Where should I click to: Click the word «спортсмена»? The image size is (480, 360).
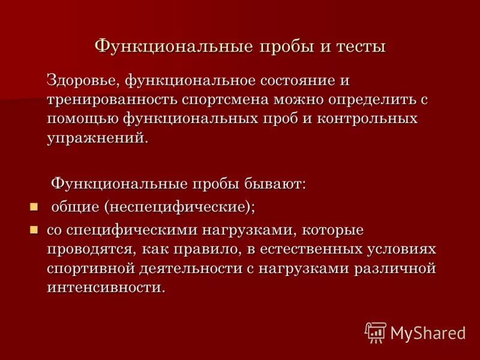tap(224, 100)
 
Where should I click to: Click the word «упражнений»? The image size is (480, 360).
tap(95, 138)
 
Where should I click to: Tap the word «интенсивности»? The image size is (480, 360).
tap(105, 287)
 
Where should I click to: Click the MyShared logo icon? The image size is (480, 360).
tap(375, 332)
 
